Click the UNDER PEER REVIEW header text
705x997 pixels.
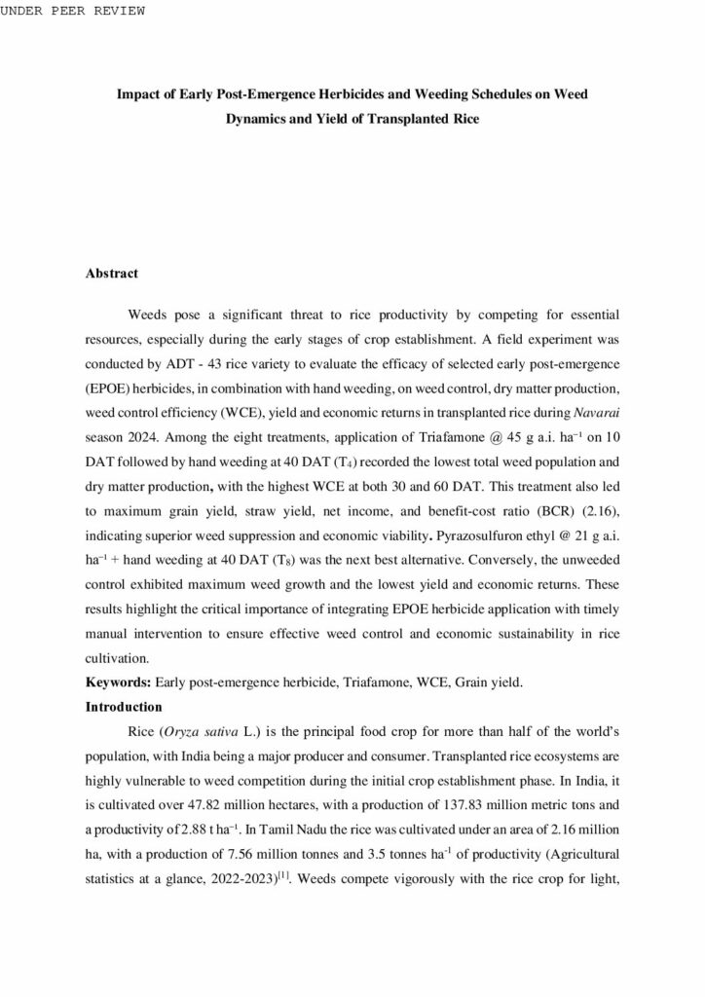tap(73, 11)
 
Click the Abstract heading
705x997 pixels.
tap(112, 274)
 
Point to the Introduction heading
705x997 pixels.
tap(124, 705)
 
